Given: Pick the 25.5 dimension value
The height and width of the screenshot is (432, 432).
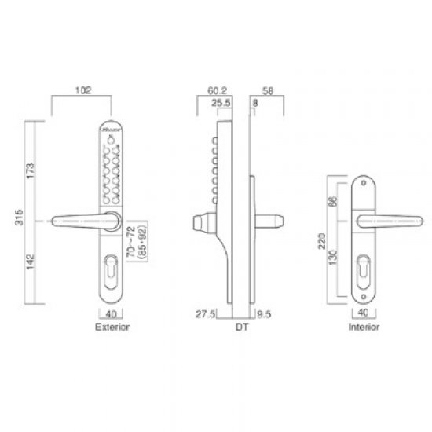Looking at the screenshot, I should pos(221,102).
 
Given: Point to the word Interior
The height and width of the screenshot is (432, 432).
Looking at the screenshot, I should pos(364,325).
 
